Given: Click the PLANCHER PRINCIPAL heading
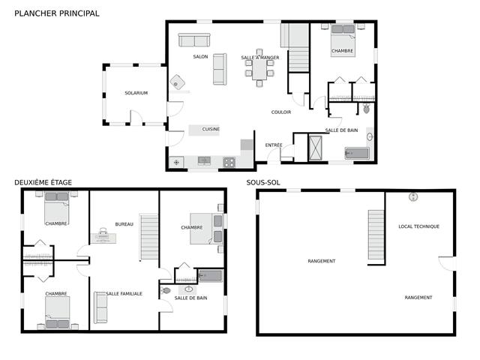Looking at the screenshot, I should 56,13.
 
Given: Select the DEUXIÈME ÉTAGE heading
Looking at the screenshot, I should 43,182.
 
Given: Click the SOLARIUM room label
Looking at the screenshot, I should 136,93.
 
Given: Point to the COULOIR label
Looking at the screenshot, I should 281,112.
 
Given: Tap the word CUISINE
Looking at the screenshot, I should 211,129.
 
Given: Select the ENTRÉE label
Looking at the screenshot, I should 274,145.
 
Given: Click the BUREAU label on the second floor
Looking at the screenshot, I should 124,224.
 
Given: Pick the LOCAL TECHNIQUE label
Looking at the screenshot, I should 418,226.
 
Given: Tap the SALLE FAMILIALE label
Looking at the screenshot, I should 124,293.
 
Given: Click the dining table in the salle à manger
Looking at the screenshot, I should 259,70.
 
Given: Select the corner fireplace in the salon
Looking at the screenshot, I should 178,82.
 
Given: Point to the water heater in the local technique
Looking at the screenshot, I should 412,196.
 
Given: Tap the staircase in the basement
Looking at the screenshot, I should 376,235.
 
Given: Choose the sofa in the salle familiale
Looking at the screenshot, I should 100,307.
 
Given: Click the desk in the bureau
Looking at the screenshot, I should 103,237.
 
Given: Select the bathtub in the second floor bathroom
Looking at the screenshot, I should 209,275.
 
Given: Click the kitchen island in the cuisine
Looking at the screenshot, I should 204,130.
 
